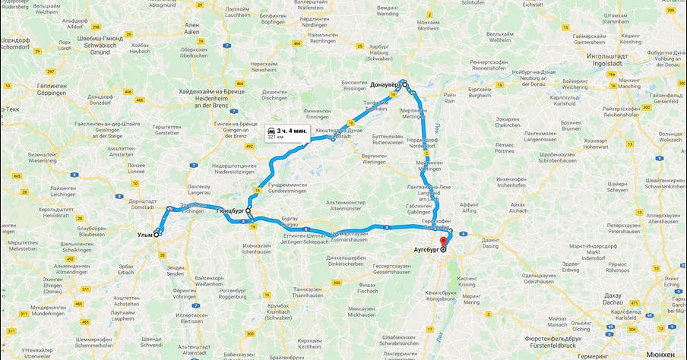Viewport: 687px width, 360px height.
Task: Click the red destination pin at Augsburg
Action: click(x=443, y=242)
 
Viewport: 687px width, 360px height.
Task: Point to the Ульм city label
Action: click(x=144, y=235)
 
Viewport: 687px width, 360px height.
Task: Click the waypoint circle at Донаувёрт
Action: click(x=405, y=84)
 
